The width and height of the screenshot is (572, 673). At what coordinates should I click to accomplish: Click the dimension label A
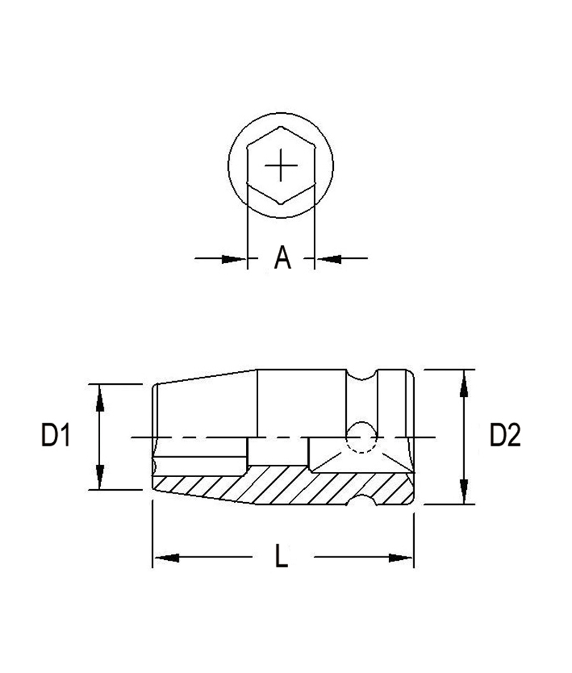coord(282,257)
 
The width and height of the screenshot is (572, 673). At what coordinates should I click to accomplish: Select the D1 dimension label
coord(54,436)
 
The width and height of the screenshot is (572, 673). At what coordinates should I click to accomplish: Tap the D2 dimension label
coord(505,436)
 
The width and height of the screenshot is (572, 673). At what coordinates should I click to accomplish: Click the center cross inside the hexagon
coord(280,166)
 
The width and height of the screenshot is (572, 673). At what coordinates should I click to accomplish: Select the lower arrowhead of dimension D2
coord(464,493)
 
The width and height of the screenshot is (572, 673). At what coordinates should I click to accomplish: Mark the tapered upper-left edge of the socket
coord(207,377)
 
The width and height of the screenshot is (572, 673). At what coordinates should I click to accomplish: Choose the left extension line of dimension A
coord(247,236)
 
